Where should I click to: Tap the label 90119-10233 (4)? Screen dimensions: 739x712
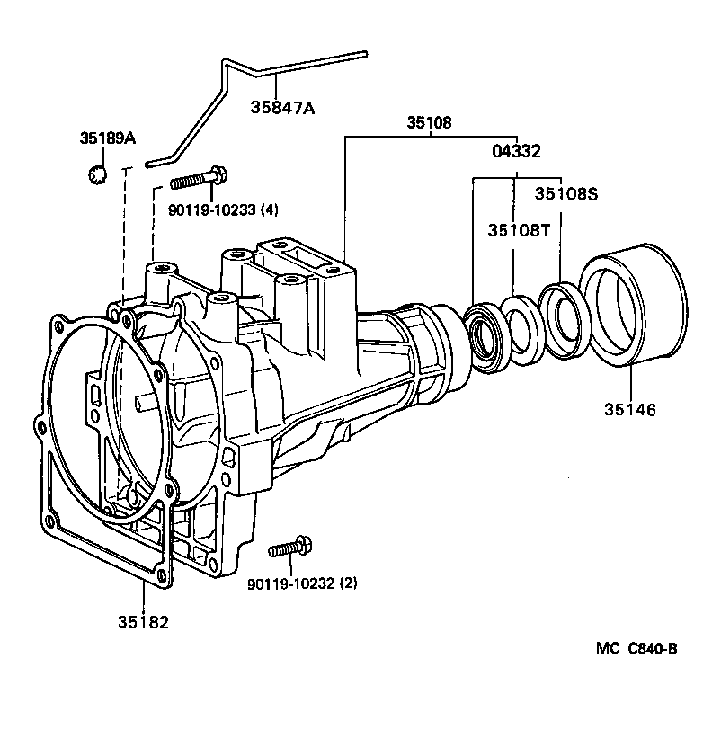tap(223, 209)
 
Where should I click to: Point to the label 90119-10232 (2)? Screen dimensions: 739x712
tap(302, 583)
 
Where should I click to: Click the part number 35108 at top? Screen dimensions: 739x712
tap(428, 122)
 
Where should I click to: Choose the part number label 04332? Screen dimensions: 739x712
tap(516, 151)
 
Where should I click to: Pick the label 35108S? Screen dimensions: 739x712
tap(566, 193)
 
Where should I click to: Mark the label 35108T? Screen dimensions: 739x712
tap(519, 230)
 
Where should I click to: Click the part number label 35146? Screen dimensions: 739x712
tap(630, 410)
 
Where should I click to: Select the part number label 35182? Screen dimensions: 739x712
tap(142, 621)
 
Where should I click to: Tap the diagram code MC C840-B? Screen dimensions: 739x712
tap(635, 649)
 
